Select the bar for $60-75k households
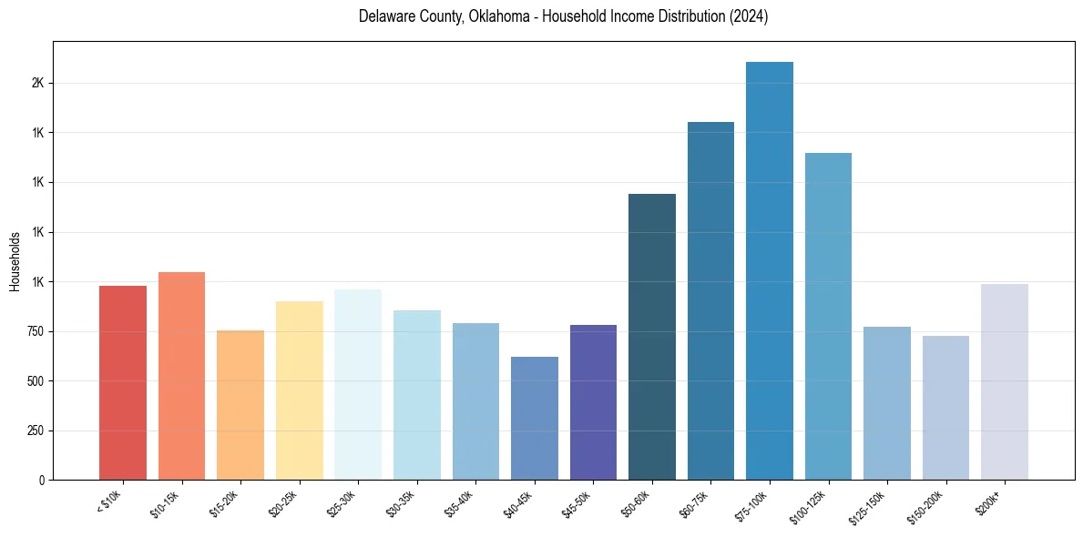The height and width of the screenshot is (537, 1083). coord(710,301)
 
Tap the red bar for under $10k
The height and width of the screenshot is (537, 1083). coord(123,383)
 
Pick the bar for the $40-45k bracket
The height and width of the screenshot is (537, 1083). coord(535,419)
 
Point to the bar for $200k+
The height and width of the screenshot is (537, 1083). coord(1005,382)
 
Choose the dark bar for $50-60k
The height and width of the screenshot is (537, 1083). coord(652,337)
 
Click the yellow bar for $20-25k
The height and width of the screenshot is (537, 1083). coord(300,390)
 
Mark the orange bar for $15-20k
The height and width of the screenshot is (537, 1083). coord(240,405)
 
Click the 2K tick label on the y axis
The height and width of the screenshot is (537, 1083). coord(37,83)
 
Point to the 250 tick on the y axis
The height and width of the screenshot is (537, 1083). coord(35,431)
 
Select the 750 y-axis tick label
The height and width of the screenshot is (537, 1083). coord(35,331)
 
